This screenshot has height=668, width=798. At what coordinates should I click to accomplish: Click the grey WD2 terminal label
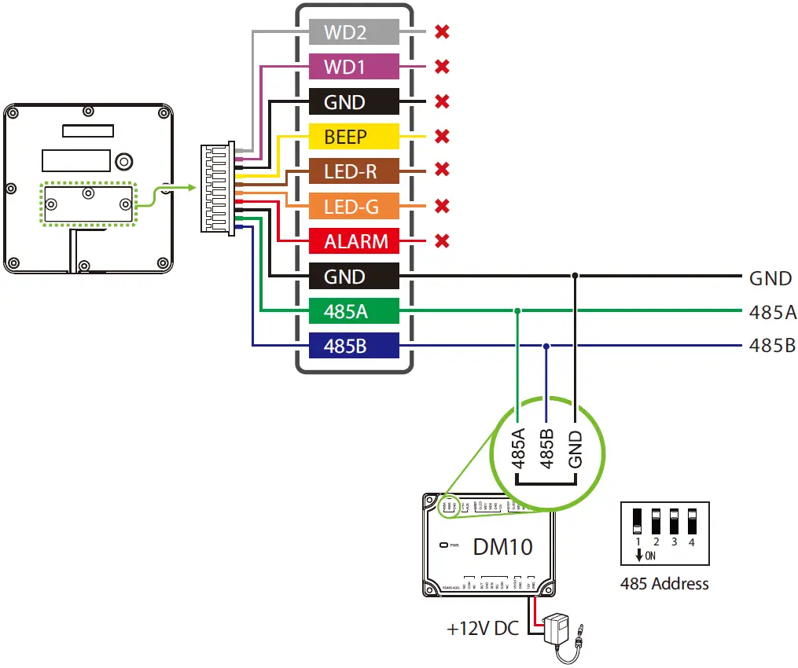[346, 32]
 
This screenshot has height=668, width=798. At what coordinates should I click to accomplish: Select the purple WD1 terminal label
[346, 67]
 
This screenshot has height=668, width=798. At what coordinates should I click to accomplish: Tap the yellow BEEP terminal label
[346, 137]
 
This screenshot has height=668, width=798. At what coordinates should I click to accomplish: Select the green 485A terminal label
[346, 311]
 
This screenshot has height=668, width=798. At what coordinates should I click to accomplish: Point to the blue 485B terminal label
[346, 345]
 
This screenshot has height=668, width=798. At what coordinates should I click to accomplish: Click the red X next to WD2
[442, 32]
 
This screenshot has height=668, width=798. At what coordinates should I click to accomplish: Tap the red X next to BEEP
[442, 137]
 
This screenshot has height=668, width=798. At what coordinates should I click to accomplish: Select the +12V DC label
[482, 629]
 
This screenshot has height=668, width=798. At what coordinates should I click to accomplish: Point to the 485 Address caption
[664, 584]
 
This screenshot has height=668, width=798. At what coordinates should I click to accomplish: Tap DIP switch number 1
[638, 520]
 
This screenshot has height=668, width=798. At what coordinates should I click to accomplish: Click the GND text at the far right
[770, 277]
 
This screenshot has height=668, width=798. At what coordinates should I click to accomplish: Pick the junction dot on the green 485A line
[517, 311]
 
